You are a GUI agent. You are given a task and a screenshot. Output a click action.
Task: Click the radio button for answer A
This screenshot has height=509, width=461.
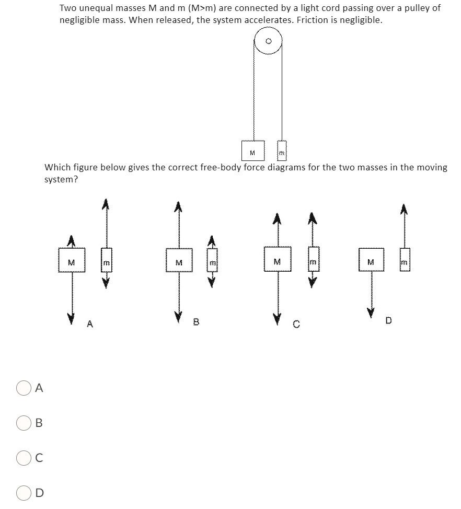[x=24, y=388]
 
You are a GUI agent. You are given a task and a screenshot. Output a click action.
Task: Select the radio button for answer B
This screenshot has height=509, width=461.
[x=24, y=423]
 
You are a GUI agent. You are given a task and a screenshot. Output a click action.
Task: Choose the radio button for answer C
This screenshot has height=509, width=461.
[x=24, y=458]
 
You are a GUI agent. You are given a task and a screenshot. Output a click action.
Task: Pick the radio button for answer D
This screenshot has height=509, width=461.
[x=24, y=493]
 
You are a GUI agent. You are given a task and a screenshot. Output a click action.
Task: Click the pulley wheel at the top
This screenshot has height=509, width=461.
[x=268, y=41]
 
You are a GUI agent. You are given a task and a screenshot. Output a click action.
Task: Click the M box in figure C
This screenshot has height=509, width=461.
[x=278, y=260]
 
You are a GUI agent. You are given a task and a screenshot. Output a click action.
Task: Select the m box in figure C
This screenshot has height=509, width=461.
[x=313, y=260]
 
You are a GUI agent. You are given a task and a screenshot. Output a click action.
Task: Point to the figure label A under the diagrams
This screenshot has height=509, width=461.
[x=90, y=324]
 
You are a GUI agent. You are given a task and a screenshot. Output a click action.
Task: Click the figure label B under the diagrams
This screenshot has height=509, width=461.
[x=196, y=322]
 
